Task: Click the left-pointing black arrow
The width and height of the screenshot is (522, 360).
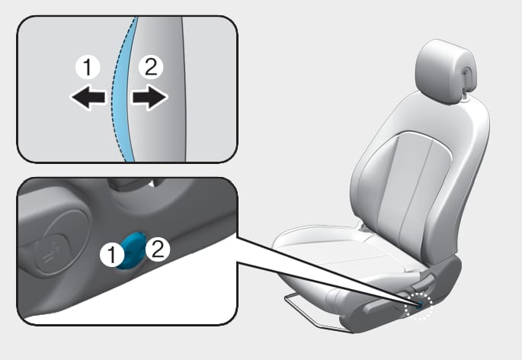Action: tap(88, 98)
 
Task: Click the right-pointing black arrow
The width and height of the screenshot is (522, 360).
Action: tap(149, 98)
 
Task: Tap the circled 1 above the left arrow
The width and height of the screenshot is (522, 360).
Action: tap(88, 67)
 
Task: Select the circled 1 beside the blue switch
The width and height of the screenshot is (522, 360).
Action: tap(113, 256)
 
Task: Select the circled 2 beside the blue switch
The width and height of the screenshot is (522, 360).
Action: tap(158, 249)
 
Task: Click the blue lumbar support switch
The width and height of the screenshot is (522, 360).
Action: tap(133, 251)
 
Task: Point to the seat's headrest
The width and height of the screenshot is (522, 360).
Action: tap(446, 72)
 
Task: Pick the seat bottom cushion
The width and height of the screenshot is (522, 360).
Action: tap(343, 257)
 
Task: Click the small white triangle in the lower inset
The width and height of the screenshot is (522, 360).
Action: tap(152, 184)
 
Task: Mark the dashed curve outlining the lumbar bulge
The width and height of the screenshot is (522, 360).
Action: tap(119, 90)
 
